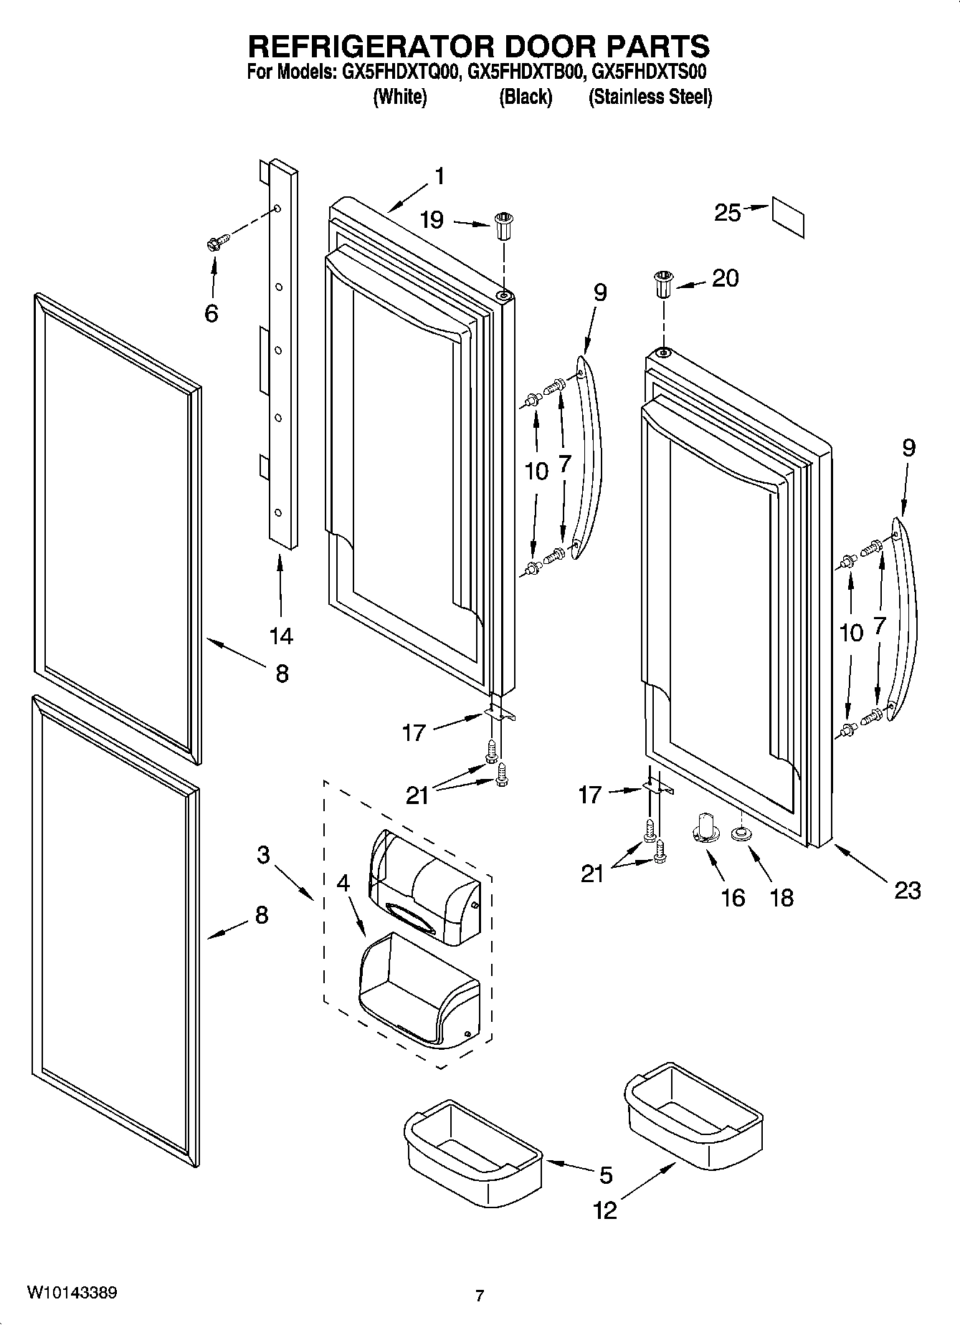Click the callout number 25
point(727,212)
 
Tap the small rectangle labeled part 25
point(787,217)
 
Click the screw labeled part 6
point(216,243)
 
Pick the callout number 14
point(281,635)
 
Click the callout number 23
point(907,890)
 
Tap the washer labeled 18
point(740,834)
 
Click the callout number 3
point(263,854)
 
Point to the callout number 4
point(343,883)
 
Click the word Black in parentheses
point(526,97)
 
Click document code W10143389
point(72,1292)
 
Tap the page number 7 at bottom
point(480,1295)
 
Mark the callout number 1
point(439,176)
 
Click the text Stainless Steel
point(650,97)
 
